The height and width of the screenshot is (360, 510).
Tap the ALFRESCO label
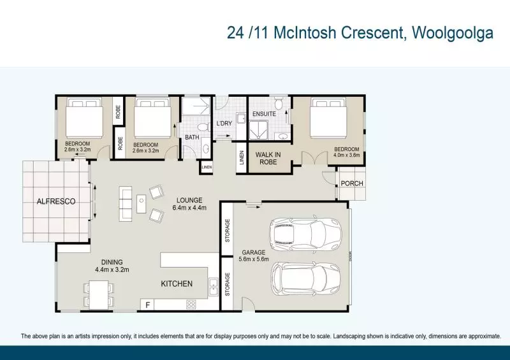(55, 201)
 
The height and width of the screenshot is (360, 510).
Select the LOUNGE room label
(189, 199)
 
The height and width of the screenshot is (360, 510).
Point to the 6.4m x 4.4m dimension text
(189, 207)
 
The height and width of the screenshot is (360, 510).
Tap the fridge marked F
(149, 305)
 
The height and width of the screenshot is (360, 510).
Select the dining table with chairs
(99, 294)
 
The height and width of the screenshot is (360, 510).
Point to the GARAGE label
(253, 252)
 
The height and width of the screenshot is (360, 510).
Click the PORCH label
(352, 184)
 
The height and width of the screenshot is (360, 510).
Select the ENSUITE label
(264, 114)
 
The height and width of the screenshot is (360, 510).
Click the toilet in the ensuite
(279, 104)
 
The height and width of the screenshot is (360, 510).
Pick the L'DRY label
(224, 123)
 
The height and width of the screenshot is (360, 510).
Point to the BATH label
(193, 137)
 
